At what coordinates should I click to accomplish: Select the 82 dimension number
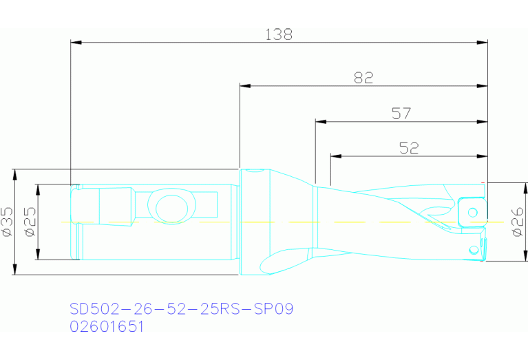click(363, 78)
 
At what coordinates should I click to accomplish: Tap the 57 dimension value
click(401, 114)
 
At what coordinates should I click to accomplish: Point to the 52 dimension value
click(409, 148)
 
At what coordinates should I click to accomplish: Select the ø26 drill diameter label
click(519, 222)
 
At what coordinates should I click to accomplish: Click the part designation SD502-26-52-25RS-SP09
click(182, 308)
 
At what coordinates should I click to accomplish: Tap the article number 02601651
click(107, 327)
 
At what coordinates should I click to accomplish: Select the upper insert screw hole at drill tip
click(472, 211)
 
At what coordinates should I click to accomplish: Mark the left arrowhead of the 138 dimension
click(76, 42)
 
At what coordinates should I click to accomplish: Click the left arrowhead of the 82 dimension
click(244, 86)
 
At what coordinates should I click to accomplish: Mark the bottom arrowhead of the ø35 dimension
click(15, 270)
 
